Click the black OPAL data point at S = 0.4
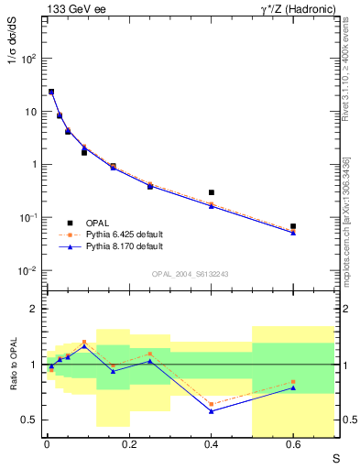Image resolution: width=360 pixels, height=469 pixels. pyautogui.click(x=212, y=193)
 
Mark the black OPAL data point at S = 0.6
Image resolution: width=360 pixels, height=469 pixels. pyautogui.click(x=293, y=226)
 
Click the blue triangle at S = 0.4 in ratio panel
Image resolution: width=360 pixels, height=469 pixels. pyautogui.click(x=212, y=411)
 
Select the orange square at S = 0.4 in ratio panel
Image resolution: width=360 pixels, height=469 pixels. pyautogui.click(x=212, y=404)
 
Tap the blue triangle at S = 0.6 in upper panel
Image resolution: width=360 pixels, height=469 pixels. pyautogui.click(x=293, y=233)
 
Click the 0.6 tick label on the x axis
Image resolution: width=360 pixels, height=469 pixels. pyautogui.click(x=293, y=444)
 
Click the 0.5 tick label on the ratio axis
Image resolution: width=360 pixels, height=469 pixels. pyautogui.click(x=30, y=420)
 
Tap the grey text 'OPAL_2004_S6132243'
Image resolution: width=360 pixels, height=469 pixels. pyautogui.click(x=190, y=274)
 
